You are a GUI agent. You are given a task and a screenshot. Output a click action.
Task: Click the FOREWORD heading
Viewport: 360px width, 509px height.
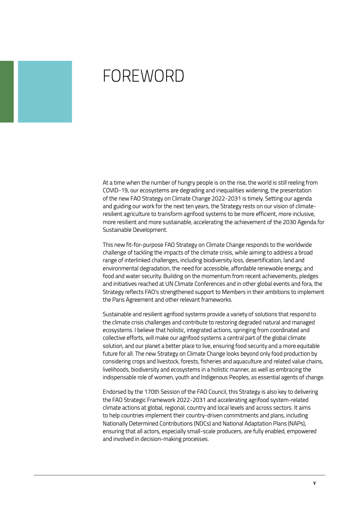(x=143, y=76)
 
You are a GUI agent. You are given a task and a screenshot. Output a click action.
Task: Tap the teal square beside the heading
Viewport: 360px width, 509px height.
(x=45, y=92)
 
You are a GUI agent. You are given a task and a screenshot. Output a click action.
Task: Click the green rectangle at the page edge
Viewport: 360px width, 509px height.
(x=6, y=92)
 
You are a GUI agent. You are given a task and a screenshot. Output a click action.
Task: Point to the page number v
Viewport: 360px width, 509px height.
(x=315, y=483)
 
